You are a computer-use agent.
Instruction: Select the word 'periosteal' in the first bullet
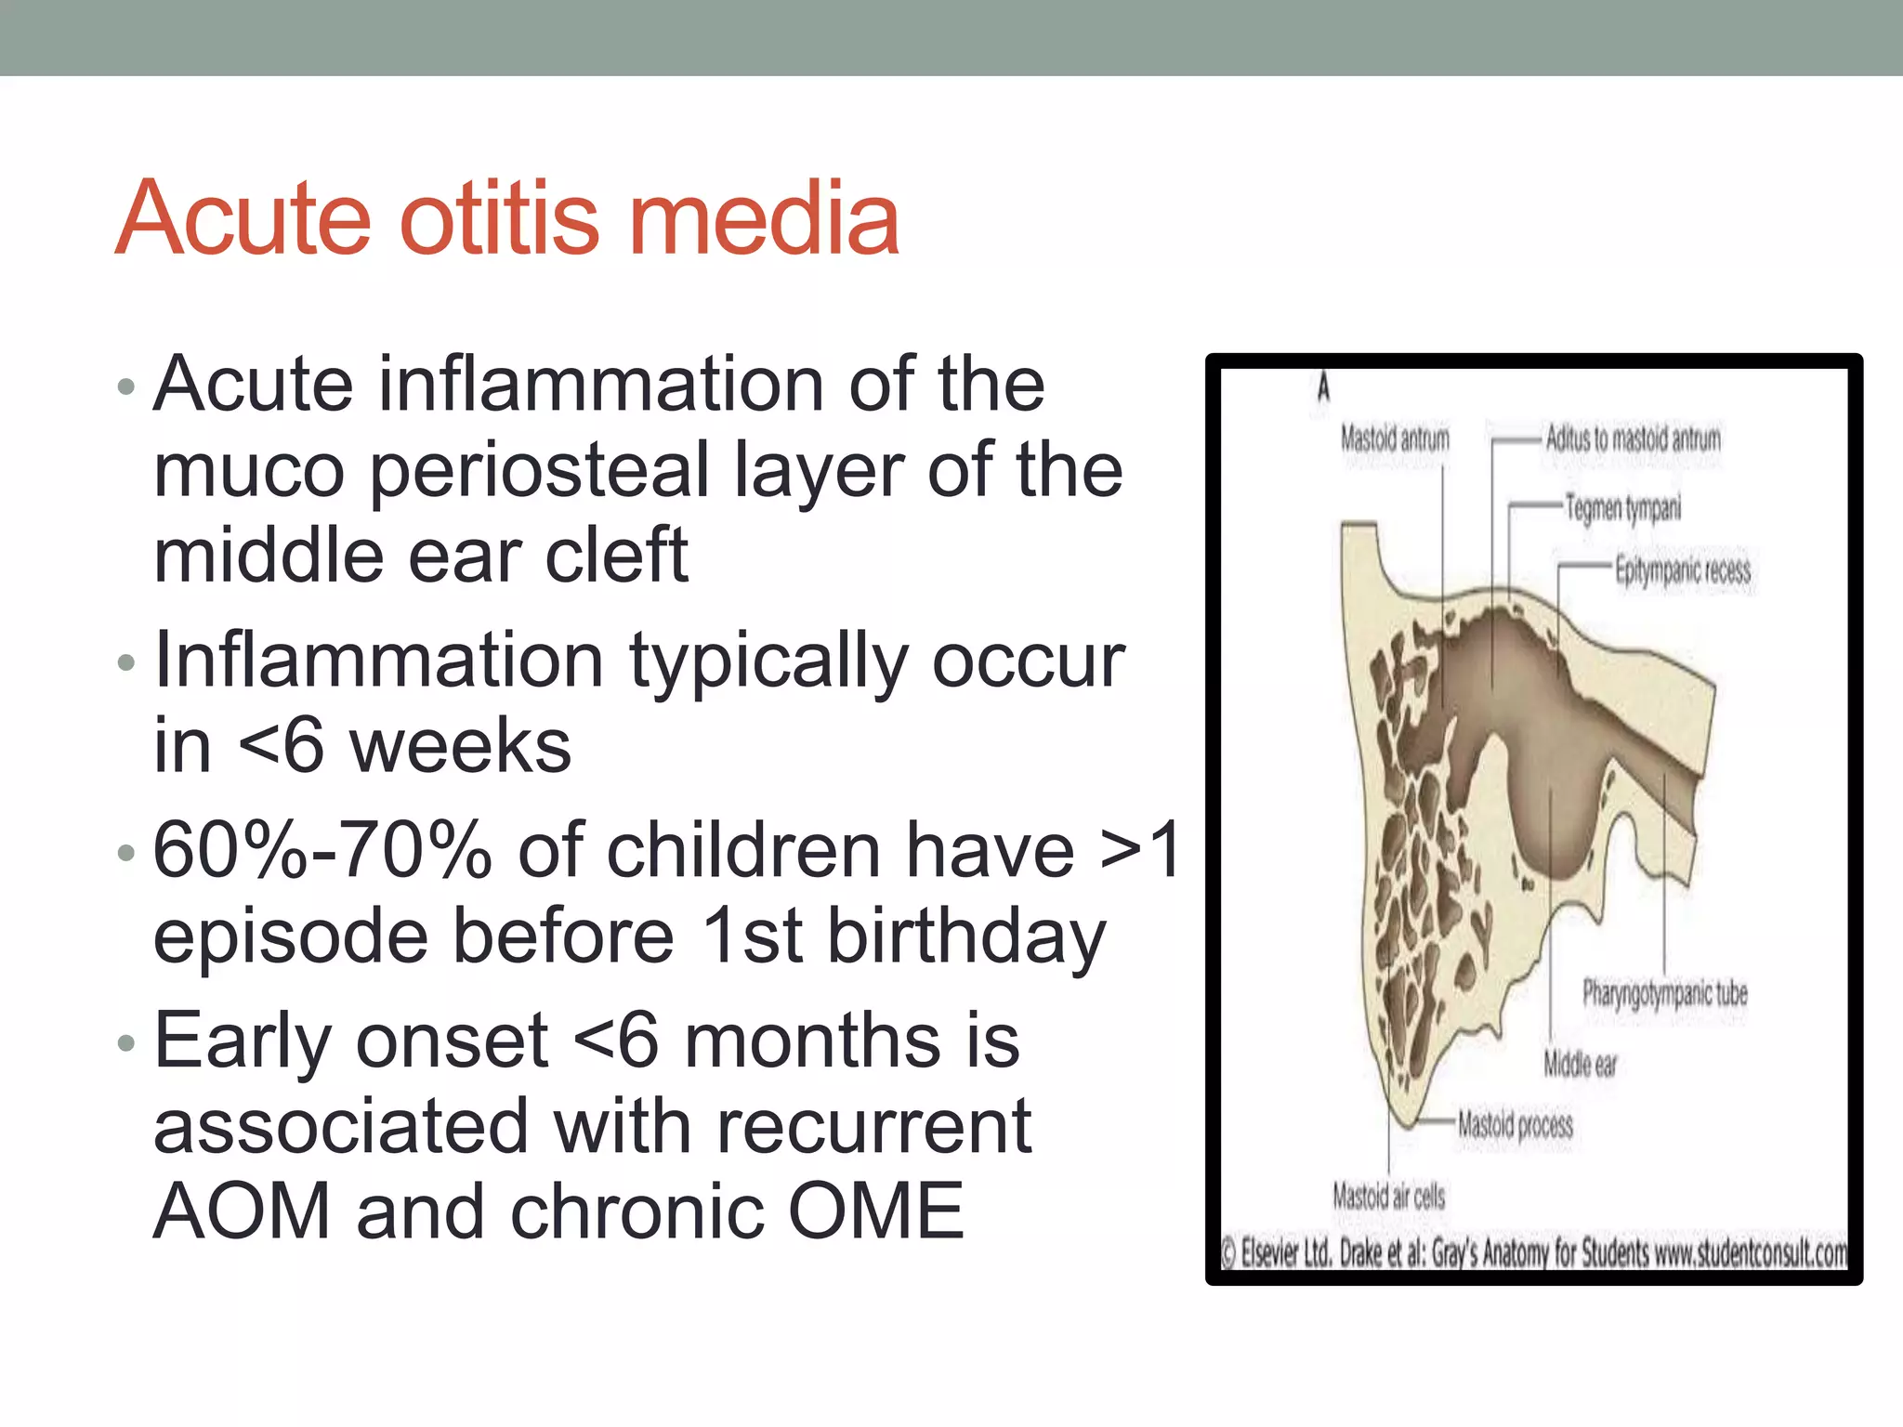[539, 472]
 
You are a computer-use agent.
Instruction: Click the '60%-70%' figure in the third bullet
[322, 851]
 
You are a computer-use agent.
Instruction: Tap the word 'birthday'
[966, 936]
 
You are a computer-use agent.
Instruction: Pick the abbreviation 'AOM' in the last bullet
[243, 1211]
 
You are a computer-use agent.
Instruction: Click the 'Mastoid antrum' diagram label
[1395, 439]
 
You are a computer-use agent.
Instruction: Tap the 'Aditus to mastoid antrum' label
[1633, 439]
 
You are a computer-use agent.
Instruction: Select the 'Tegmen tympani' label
[1622, 508]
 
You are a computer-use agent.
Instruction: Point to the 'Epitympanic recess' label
[1682, 569]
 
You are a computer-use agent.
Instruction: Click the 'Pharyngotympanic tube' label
[1665, 994]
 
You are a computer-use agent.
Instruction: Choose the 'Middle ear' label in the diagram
[1580, 1064]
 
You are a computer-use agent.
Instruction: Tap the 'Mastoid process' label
[1515, 1125]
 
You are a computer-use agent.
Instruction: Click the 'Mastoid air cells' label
[1389, 1196]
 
